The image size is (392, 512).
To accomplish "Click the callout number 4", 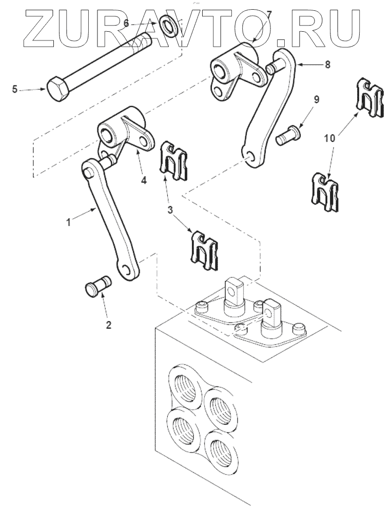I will click(x=144, y=180).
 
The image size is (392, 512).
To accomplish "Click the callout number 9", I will click(x=316, y=100).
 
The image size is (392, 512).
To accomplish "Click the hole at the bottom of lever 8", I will click(x=250, y=157).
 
